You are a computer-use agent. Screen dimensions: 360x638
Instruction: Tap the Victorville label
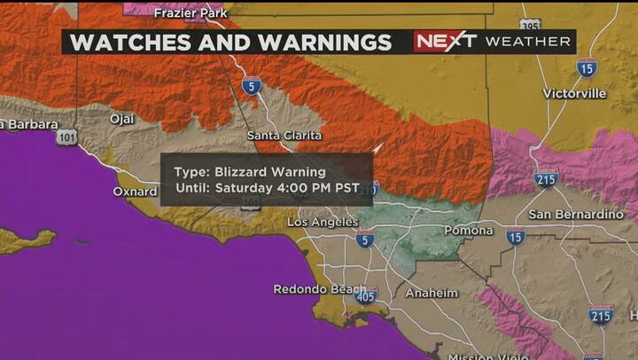pyautogui.click(x=574, y=93)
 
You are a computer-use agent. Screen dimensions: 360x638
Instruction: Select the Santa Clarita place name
pyautogui.click(x=284, y=136)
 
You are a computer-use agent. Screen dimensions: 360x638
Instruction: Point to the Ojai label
pyautogui.click(x=122, y=118)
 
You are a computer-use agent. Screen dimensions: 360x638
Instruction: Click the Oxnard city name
pyautogui.click(x=135, y=191)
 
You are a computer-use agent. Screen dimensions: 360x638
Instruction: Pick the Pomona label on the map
pyautogui.click(x=468, y=231)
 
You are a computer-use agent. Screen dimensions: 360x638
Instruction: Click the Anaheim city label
pyautogui.click(x=432, y=293)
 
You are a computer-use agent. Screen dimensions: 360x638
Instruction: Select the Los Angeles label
pyautogui.click(x=323, y=223)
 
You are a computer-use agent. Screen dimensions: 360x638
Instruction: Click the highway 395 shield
pyautogui.click(x=531, y=26)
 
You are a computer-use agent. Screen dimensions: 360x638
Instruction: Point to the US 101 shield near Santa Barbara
pyautogui.click(x=66, y=137)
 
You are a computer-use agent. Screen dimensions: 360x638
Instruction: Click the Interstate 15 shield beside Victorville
pyautogui.click(x=586, y=67)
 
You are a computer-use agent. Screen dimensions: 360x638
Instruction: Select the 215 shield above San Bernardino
pyautogui.click(x=546, y=178)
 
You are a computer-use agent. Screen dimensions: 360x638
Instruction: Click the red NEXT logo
pyautogui.click(x=446, y=42)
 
